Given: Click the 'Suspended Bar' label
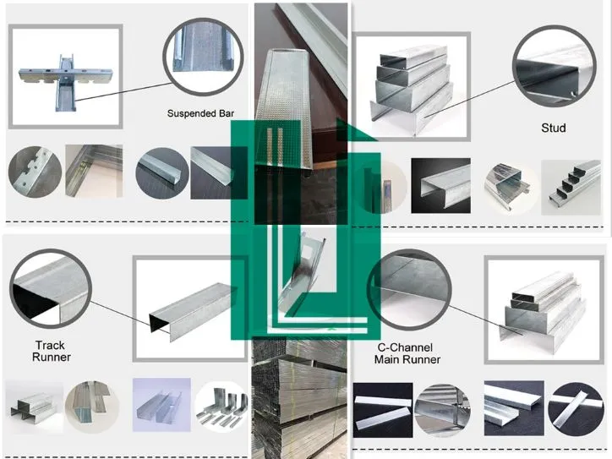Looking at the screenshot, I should (200, 112).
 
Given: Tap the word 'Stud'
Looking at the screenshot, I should (553, 128).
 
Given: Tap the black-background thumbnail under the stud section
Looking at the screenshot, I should (440, 186).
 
